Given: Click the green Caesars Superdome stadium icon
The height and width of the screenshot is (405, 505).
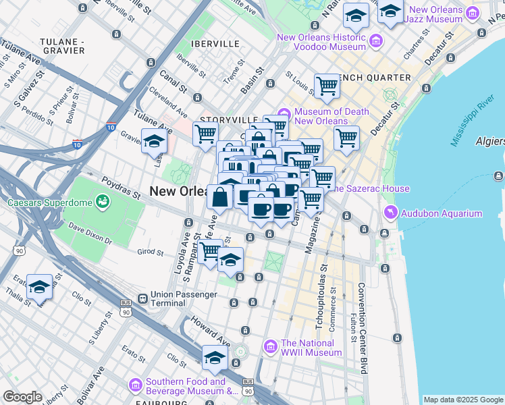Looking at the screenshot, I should [x=103, y=201].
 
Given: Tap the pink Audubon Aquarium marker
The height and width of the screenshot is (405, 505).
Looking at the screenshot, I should [x=390, y=213].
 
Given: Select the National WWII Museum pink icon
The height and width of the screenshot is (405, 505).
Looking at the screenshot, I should [x=271, y=347].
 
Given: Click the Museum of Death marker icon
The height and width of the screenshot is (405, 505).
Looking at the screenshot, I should [x=284, y=112].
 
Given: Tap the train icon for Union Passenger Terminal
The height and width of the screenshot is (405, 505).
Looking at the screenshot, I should [x=142, y=298].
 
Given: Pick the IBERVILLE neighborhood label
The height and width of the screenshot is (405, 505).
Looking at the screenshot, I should [x=215, y=43].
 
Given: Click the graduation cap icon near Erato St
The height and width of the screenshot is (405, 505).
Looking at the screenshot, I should [x=40, y=286].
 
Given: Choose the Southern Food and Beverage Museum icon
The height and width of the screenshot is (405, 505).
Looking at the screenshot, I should [x=136, y=385].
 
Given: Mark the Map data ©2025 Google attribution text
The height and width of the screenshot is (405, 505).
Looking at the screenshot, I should [x=463, y=399].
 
